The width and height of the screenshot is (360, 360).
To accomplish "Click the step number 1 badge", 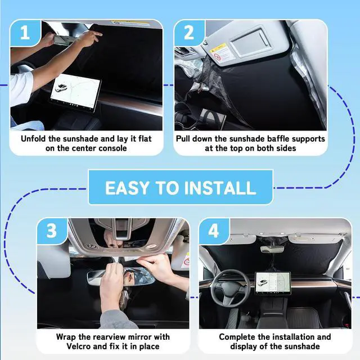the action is coord(25,33).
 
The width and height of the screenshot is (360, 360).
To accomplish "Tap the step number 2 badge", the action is coord(189,33).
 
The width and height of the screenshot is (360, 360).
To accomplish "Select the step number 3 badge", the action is coord(52,231).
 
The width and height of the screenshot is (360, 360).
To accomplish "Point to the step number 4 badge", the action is coord(214,231).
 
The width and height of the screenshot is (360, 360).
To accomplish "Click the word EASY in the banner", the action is coord(127,188).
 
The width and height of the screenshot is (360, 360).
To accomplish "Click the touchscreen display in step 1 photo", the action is coord(75,92).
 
